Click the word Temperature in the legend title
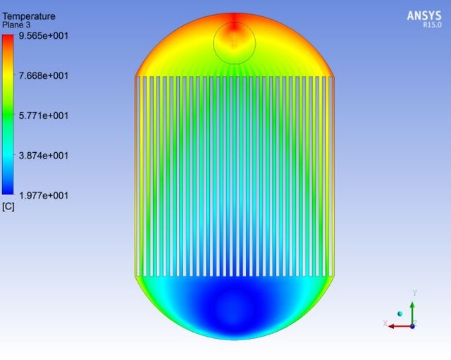(x=29, y=16)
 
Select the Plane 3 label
(x=16, y=25)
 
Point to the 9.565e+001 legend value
(x=44, y=36)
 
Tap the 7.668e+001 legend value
(x=44, y=76)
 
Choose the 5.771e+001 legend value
(x=44, y=116)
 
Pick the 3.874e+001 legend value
(x=44, y=156)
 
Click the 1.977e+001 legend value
(x=44, y=196)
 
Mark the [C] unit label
(x=8, y=206)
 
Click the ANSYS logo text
(x=424, y=15)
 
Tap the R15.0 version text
(x=432, y=25)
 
